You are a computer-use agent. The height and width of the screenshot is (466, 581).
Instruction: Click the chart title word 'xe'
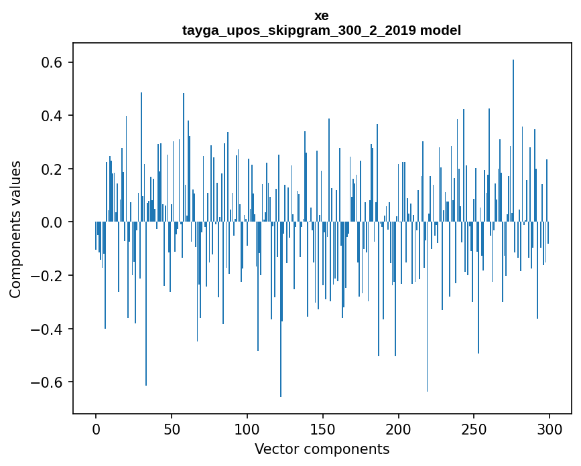[322, 15]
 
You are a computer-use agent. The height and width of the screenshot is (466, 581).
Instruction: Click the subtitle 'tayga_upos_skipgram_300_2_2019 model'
[322, 31]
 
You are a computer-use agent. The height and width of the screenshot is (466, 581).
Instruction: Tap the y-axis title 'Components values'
[15, 229]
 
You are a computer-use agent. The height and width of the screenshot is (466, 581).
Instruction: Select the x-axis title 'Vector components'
[322, 449]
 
